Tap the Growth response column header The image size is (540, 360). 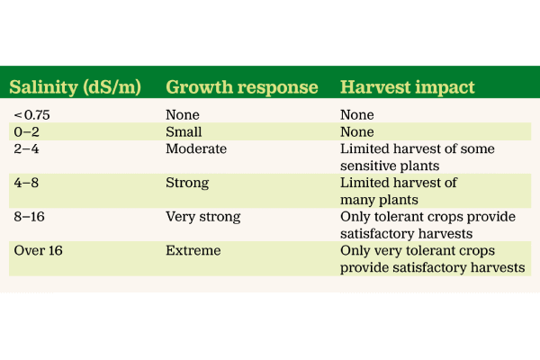pos(242,88)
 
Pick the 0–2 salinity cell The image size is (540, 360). pos(28,132)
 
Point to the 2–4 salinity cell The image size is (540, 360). pos(28,149)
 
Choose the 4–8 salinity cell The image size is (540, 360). pos(28,184)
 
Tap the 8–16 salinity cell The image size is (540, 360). pos(31,218)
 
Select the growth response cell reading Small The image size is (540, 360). pos(184,132)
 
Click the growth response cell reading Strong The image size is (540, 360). pos(187,184)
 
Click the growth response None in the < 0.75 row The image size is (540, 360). pos(183,115)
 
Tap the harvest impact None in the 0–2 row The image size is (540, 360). pos(357,132)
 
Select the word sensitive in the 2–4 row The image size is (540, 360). pos(368,166)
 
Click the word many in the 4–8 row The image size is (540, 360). pos(358,200)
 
